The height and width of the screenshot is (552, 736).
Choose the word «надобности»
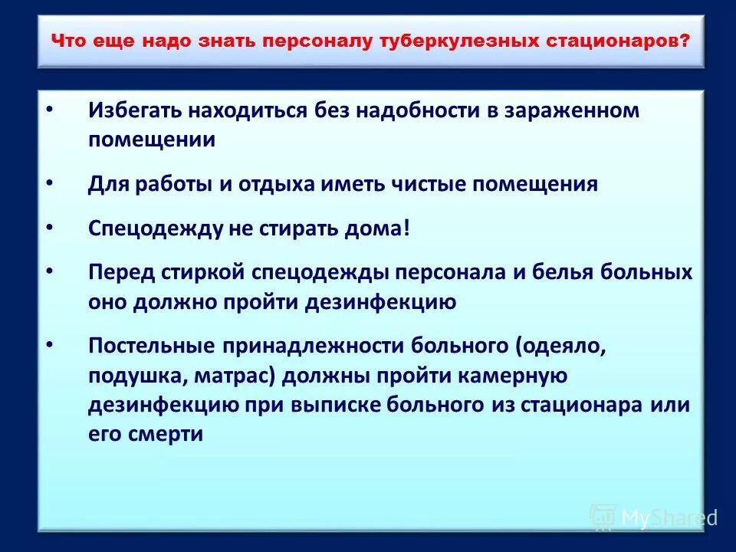click(407, 110)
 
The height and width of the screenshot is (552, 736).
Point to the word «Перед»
click(122, 273)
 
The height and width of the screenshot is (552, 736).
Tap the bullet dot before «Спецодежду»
click(51, 228)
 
